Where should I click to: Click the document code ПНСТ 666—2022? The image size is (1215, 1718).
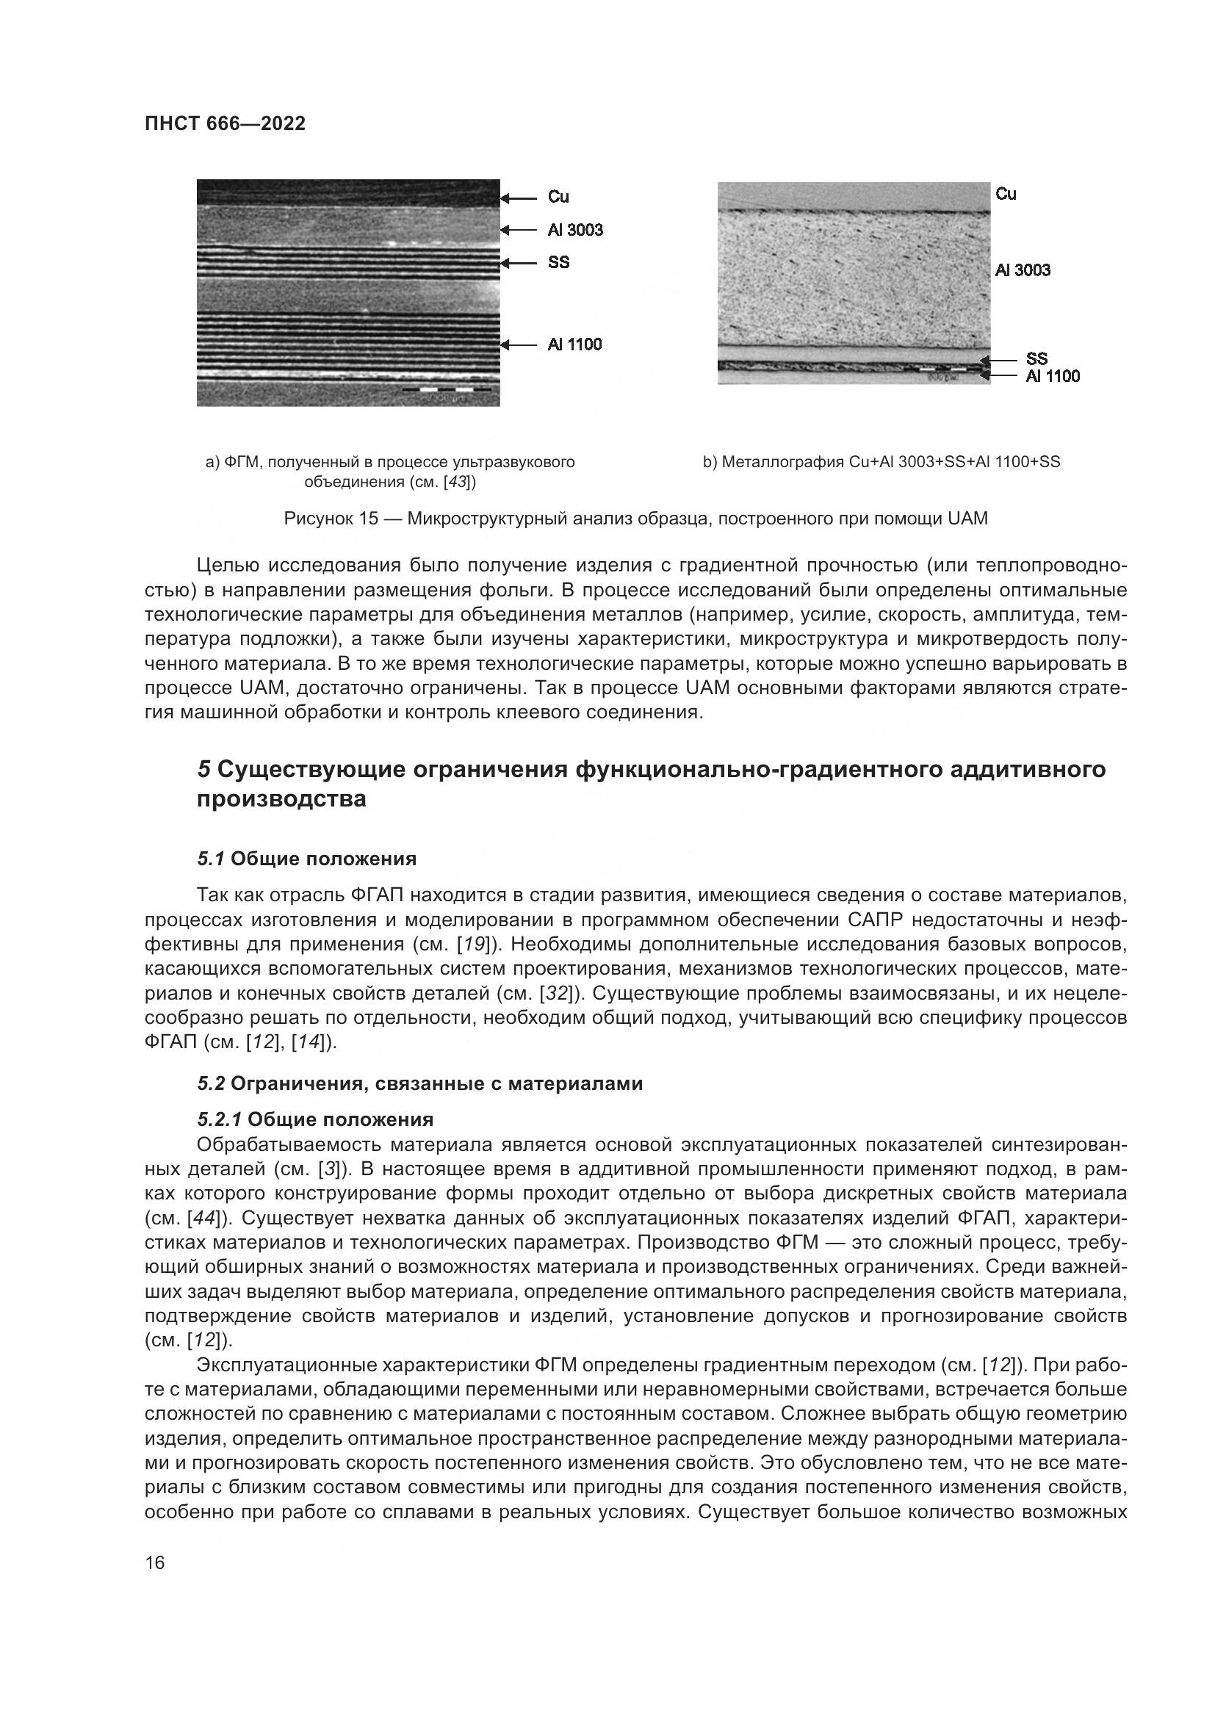225,124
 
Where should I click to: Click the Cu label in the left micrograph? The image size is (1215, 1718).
558,197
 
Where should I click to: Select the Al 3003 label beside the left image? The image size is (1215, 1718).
574,230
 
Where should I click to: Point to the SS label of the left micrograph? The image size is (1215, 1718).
558,263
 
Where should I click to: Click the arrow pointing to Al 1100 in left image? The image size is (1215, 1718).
519,345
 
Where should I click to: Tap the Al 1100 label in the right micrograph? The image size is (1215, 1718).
1053,376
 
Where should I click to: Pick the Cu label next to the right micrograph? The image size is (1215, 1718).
1006,194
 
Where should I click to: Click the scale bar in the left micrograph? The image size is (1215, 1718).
447,390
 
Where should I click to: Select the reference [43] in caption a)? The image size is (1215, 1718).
455,482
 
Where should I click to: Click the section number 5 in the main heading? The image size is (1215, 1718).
203,769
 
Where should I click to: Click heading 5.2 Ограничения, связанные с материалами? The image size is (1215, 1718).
419,1083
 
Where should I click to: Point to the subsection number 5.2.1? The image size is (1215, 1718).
219,1119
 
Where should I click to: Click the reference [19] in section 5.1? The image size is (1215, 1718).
473,945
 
